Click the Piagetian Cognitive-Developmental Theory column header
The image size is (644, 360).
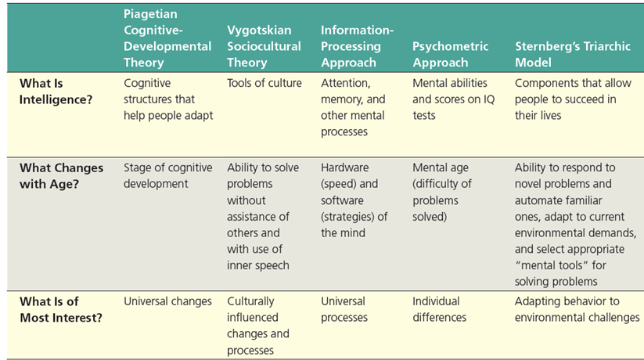[x=167, y=38]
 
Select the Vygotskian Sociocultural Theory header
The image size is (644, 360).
[x=259, y=46]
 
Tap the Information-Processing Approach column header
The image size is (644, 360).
[x=357, y=46]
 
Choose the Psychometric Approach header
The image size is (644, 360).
[x=440, y=54]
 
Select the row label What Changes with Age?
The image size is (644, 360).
[x=61, y=175]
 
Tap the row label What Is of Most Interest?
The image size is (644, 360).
[x=60, y=309]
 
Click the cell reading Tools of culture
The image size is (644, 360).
[x=264, y=83]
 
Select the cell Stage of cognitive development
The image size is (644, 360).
[x=167, y=175]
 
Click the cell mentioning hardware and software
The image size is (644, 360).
[x=354, y=200]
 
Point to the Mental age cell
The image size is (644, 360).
[x=442, y=192]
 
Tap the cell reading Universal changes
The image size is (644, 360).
[x=167, y=301]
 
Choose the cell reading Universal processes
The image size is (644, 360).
[x=344, y=309]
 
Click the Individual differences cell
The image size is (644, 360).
[x=439, y=309]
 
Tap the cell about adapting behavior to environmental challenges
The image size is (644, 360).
[x=577, y=309]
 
